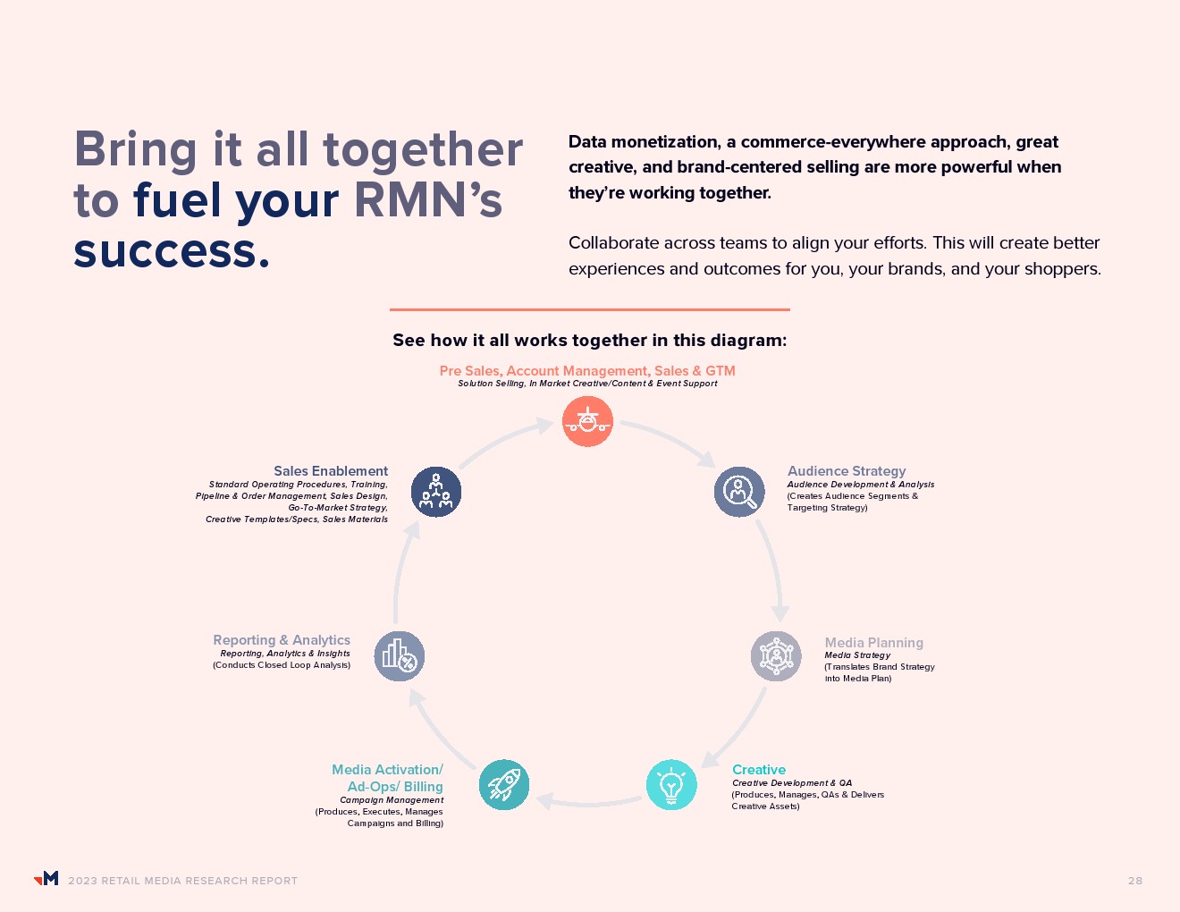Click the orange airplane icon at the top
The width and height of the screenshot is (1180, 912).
click(587, 421)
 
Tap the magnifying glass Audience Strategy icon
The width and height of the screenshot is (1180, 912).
click(739, 492)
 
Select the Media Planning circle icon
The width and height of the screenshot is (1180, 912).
click(776, 656)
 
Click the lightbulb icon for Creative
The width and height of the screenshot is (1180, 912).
click(671, 785)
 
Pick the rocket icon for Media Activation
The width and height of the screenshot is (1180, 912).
click(504, 785)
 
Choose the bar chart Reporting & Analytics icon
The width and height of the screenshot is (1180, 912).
click(399, 656)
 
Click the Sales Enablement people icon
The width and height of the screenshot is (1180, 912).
click(436, 492)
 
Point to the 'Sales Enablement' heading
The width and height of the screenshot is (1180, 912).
click(331, 471)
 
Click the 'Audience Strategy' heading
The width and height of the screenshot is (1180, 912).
click(847, 471)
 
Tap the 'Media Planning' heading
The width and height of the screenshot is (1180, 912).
click(873, 643)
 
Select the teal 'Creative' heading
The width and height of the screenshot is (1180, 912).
click(759, 770)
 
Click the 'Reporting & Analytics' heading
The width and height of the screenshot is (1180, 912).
click(282, 640)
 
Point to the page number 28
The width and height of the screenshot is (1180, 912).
click(1135, 881)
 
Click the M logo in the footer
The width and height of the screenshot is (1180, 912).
click(46, 879)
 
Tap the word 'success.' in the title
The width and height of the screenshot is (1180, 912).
click(172, 251)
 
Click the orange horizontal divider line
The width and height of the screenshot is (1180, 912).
click(590, 309)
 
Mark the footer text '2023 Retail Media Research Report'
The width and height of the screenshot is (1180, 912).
click(182, 881)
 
